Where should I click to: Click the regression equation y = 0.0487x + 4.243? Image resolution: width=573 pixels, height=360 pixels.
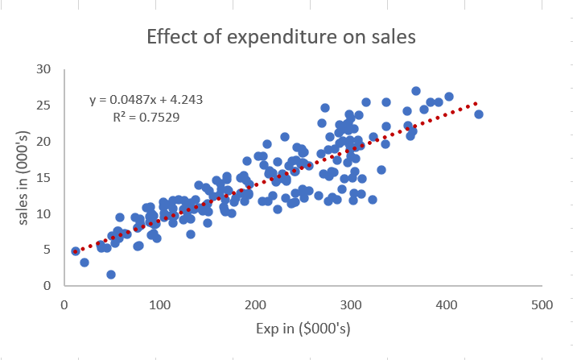(146, 100)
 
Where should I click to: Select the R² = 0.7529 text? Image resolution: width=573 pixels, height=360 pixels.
(146, 117)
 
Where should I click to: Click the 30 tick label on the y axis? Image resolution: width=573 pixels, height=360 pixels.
(46, 69)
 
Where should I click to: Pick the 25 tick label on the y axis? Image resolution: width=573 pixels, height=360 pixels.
(46, 106)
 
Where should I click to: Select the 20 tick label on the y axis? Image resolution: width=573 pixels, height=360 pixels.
(46, 142)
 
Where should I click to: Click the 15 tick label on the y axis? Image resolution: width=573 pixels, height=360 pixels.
(46, 178)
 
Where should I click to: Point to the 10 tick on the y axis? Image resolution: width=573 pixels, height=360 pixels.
(46, 214)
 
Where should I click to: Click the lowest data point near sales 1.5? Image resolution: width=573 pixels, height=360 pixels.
(111, 275)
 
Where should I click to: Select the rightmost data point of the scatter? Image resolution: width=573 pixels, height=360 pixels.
(479, 114)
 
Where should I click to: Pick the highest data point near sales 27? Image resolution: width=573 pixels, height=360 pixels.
(416, 91)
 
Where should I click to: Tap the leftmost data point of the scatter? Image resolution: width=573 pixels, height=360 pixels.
(76, 251)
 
